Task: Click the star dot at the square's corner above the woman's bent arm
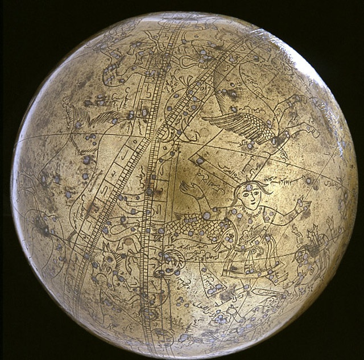pos(200,161)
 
